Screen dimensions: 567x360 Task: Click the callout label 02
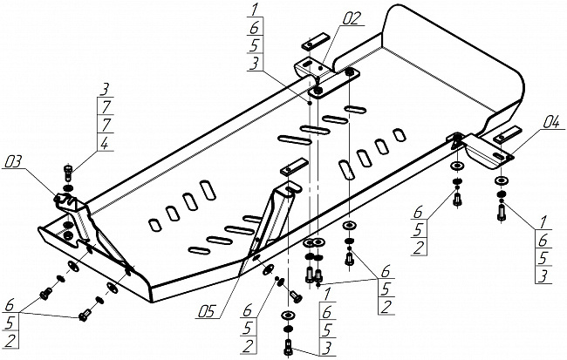351,19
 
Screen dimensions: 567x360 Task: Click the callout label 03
12,161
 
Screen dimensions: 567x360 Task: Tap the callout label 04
550,123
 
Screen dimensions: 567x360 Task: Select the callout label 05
207,311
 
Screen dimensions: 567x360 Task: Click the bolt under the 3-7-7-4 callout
68,172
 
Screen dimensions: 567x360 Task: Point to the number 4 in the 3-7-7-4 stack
104,144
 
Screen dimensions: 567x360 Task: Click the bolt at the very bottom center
288,347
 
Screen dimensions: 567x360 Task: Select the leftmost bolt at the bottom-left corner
46,295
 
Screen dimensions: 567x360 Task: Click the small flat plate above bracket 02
315,41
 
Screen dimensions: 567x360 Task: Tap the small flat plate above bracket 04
509,134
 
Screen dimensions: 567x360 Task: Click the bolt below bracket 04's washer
502,212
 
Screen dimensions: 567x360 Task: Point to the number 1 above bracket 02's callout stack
255,10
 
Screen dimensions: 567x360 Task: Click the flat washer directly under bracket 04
502,180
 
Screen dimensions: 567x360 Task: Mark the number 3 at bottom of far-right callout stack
543,275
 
